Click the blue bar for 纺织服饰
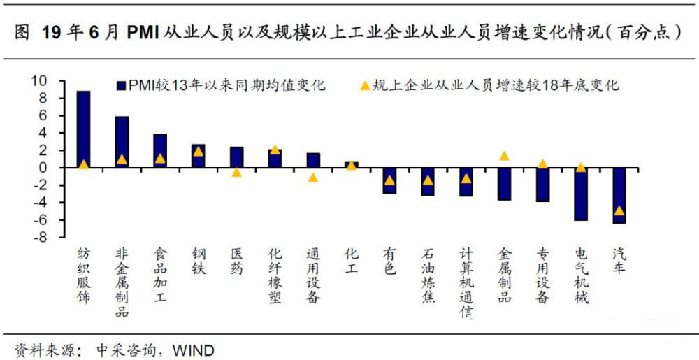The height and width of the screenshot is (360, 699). tap(83, 129)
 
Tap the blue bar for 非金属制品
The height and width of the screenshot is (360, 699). tap(122, 142)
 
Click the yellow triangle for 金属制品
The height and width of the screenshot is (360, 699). tap(504, 156)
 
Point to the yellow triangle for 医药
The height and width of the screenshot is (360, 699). tap(236, 172)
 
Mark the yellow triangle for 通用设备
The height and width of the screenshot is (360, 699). tap(313, 178)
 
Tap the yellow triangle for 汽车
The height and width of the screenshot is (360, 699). tap(619, 210)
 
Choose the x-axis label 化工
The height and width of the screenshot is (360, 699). tap(351, 263)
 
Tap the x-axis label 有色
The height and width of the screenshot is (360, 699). tap(389, 263)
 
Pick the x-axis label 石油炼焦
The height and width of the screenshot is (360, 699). tap(428, 277)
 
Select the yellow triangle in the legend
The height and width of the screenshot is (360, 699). tap(363, 86)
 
